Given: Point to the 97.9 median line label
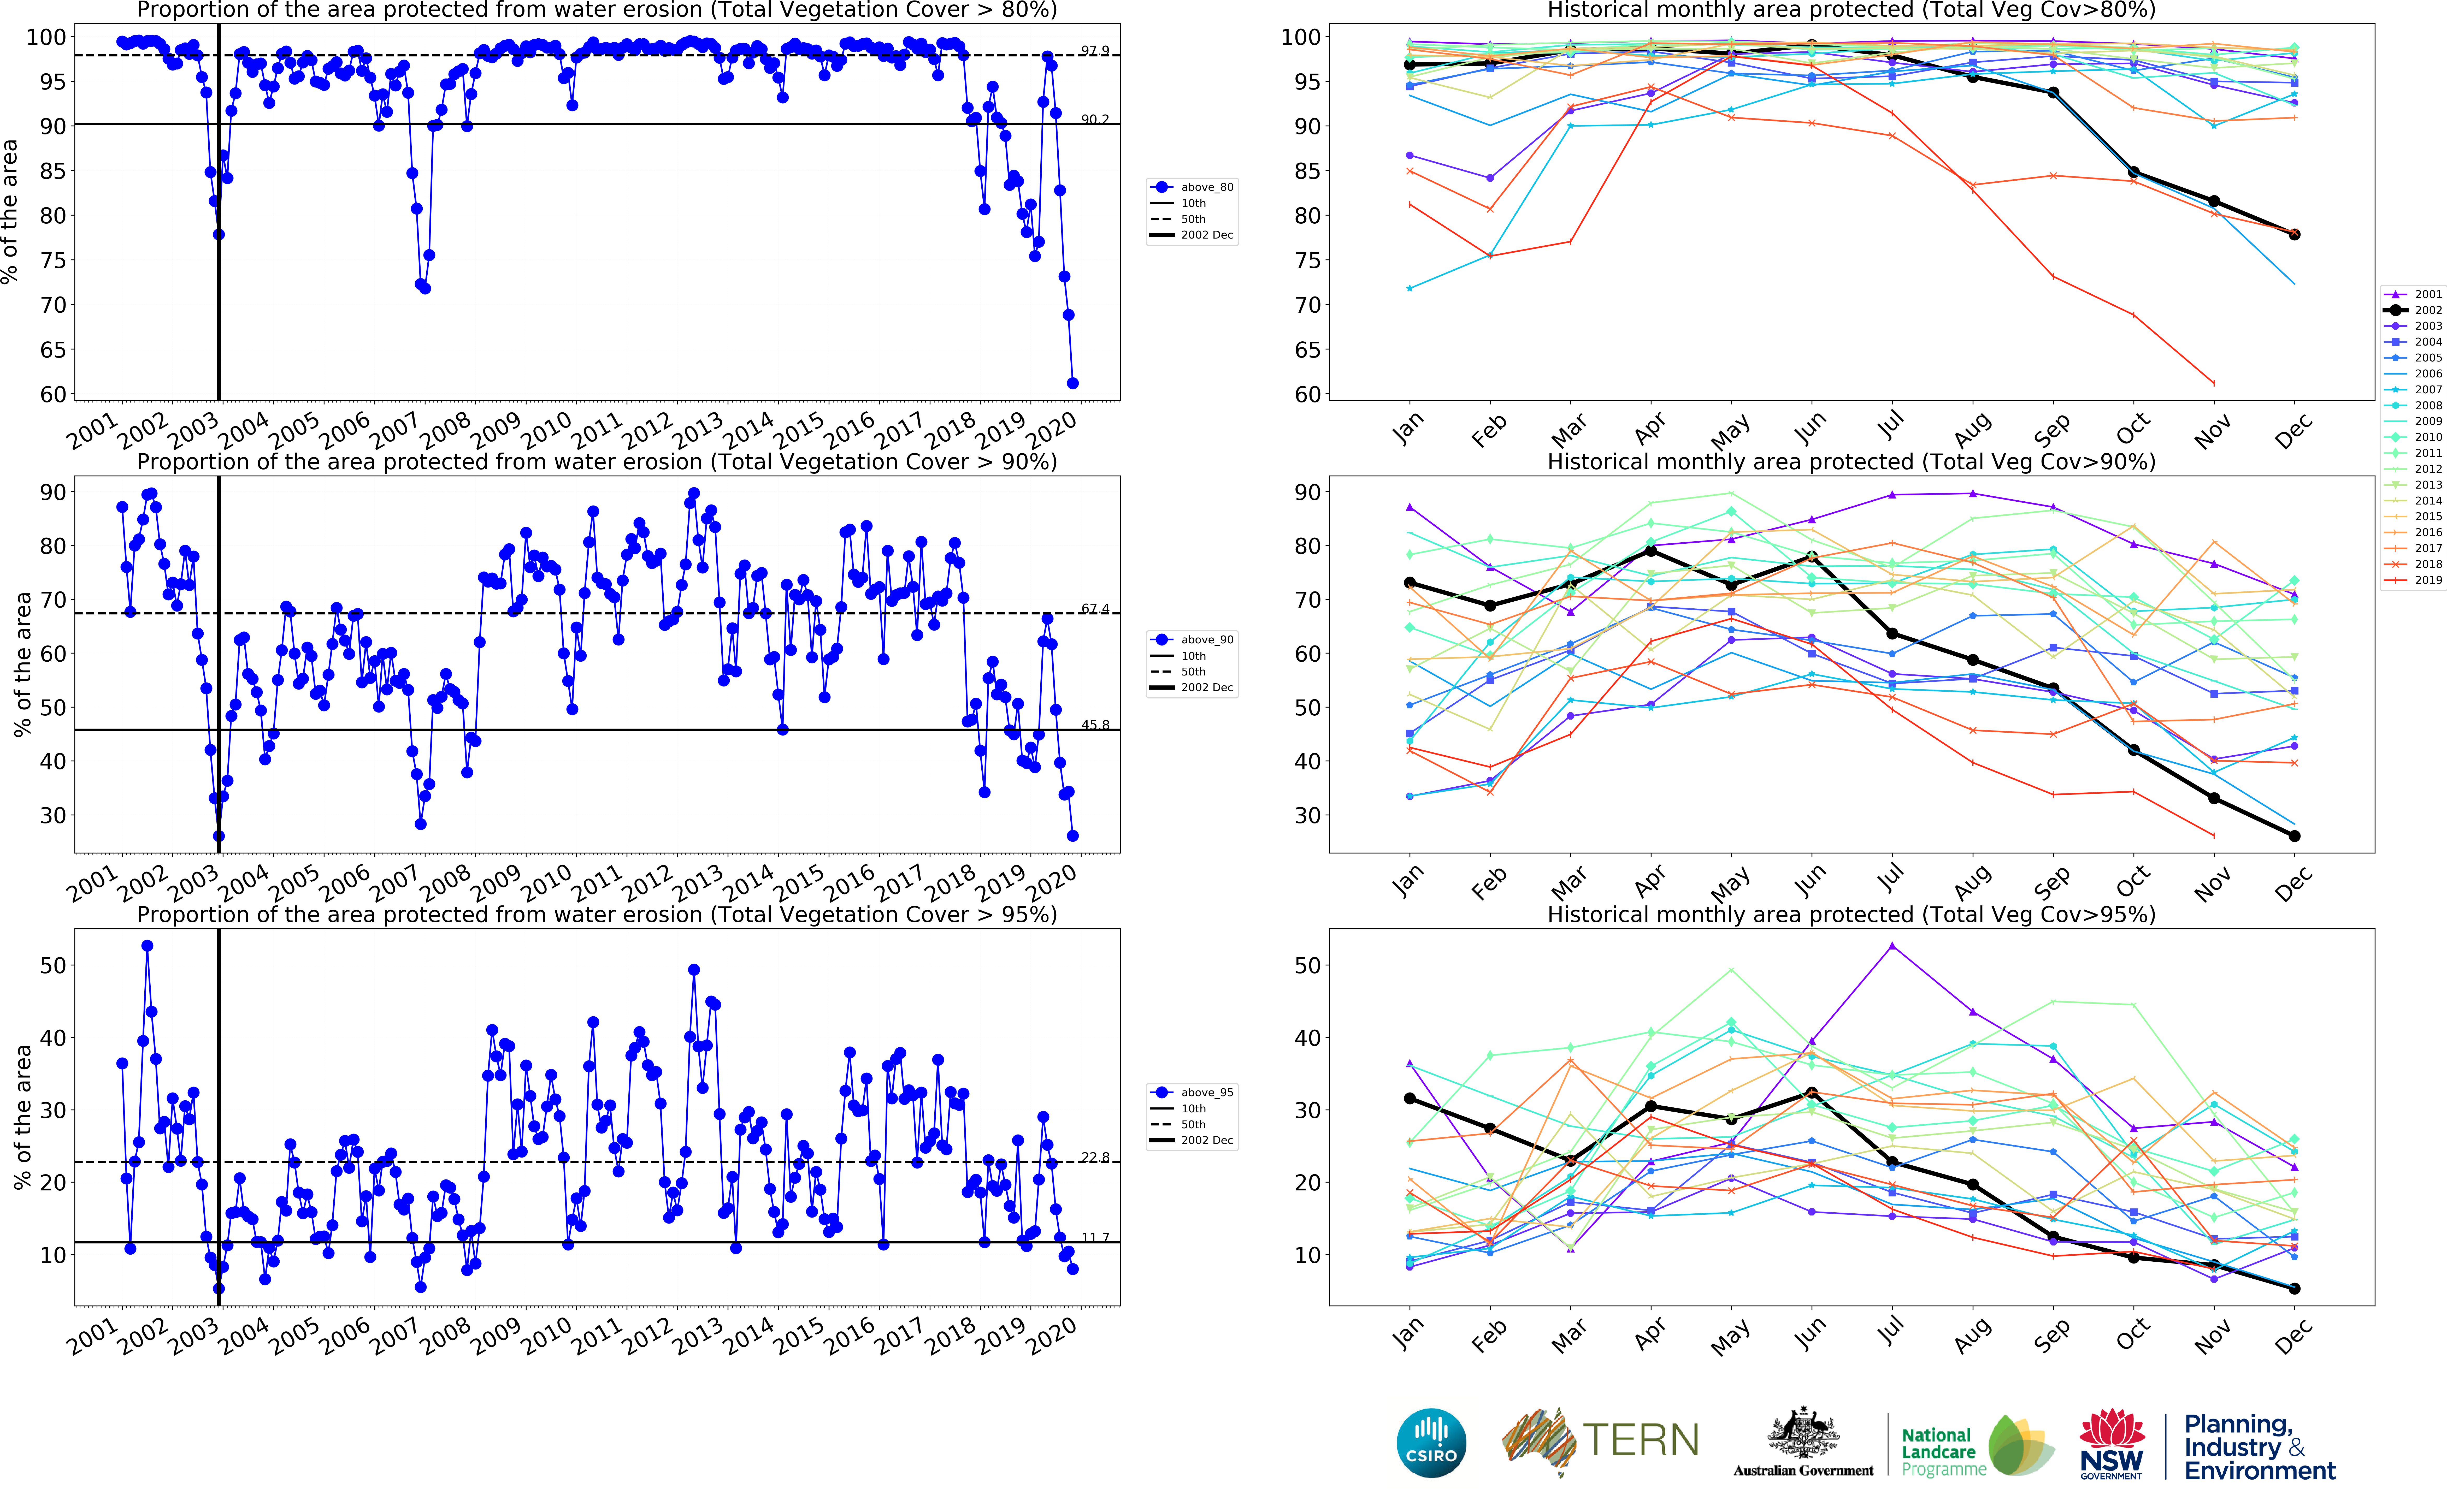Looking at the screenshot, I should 1094,51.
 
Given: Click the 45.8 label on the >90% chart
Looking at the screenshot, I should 1094,725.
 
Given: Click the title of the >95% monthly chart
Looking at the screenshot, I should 1851,914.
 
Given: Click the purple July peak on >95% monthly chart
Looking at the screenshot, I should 1892,946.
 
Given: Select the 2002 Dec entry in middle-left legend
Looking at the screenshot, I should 1206,688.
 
